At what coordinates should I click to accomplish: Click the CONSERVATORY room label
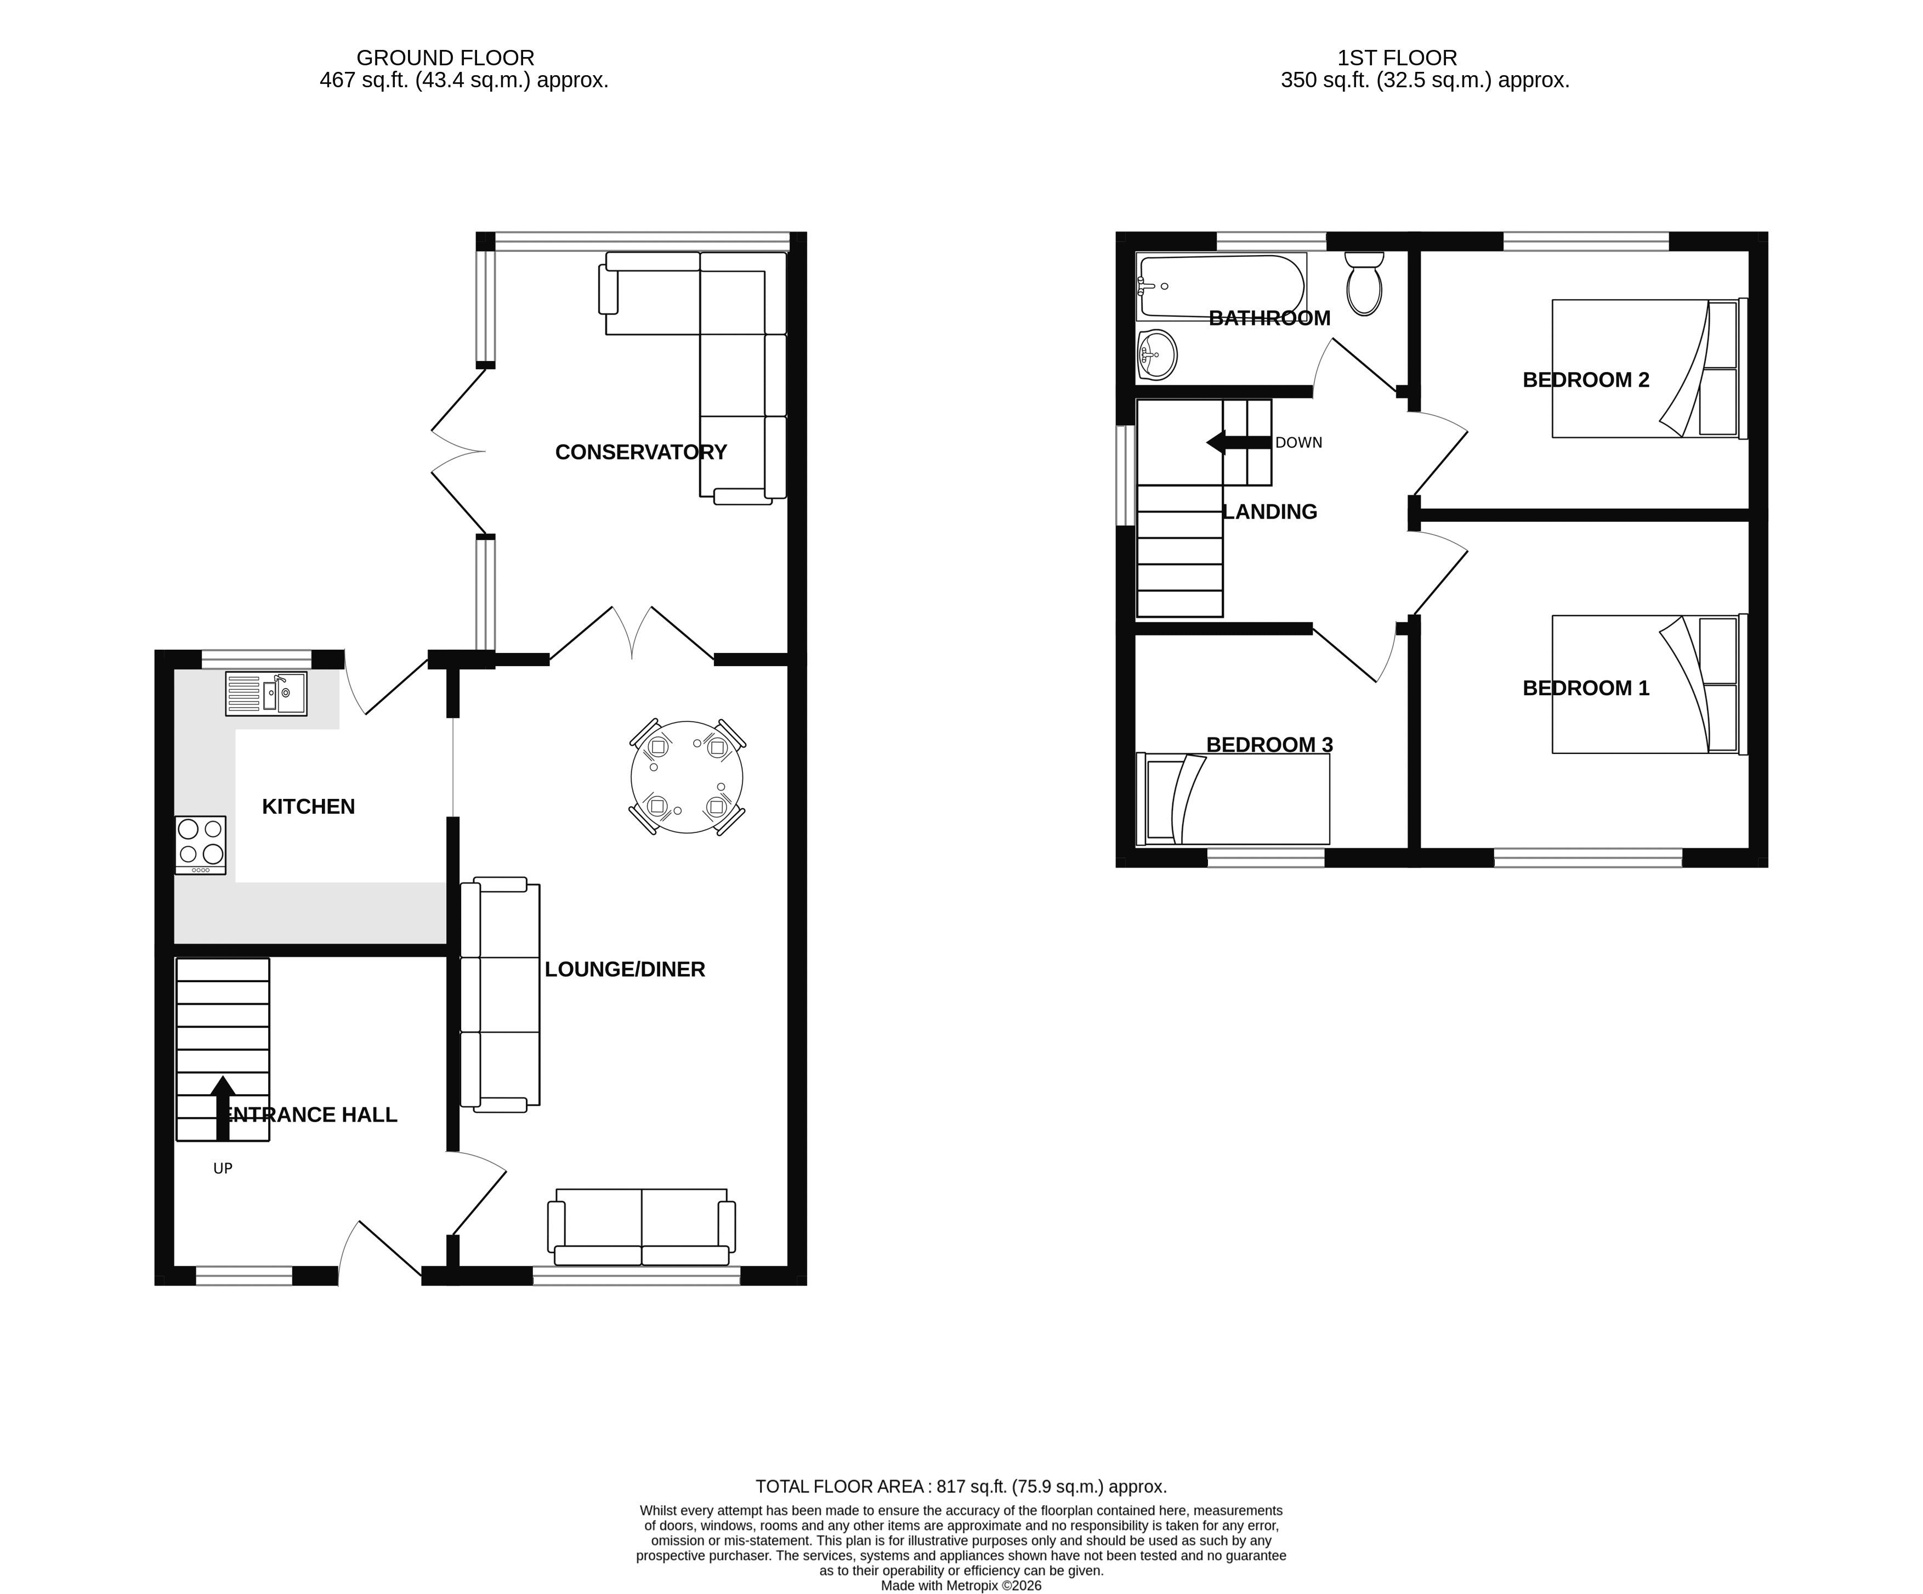[641, 452]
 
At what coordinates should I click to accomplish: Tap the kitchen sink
[266, 694]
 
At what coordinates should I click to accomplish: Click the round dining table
[687, 777]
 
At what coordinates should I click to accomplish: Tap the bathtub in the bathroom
[1221, 287]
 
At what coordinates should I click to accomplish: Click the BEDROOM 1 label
[1586, 688]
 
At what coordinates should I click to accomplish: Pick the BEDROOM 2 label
[1586, 379]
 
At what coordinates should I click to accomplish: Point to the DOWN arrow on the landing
[1239, 442]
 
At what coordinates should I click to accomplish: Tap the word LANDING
[1270, 512]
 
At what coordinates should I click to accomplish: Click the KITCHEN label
[309, 806]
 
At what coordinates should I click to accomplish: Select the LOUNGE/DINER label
[625, 969]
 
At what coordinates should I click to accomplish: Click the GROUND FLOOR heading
[445, 58]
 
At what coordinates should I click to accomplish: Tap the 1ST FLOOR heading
[1397, 58]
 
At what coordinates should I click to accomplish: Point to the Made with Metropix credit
[962, 1585]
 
